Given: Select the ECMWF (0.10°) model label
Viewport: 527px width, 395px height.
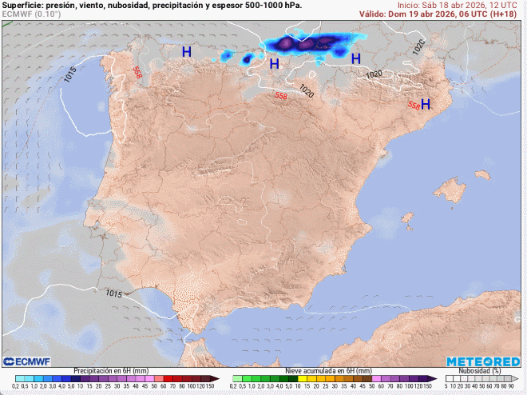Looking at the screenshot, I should point(30,14).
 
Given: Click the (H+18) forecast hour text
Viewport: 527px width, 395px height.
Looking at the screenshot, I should point(508,14).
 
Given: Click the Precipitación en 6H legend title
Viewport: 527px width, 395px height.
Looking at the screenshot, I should point(111,371).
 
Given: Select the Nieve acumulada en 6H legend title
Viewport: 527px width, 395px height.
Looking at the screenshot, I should point(327,371).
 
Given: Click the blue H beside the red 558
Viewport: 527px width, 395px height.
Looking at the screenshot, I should point(426,105).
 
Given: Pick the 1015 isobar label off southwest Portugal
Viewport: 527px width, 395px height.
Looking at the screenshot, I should point(113,293).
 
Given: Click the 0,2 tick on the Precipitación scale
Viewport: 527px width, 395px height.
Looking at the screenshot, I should point(15,387).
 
